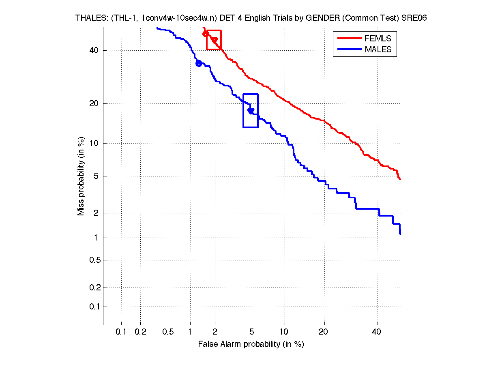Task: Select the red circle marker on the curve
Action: (206, 34)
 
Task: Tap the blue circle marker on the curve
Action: (199, 63)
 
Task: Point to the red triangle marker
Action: (215, 40)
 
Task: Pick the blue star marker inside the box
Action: (251, 110)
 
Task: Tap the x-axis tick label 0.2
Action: (140, 332)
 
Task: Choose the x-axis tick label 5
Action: (252, 332)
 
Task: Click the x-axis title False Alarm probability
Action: (251, 344)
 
